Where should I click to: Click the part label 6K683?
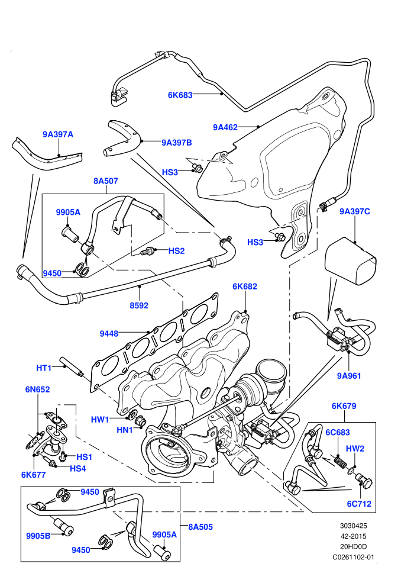tap(180, 95)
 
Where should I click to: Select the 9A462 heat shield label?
tap(225, 127)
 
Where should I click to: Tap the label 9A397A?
tap(57, 134)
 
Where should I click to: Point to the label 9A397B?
tap(177, 143)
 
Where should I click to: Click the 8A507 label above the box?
tap(106, 181)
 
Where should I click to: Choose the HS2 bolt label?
tap(177, 251)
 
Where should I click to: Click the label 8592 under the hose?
tap(139, 305)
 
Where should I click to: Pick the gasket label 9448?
tap(109, 333)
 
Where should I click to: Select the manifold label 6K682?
tap(245, 286)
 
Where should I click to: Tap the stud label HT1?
tap(44, 368)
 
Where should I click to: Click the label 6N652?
tap(37, 389)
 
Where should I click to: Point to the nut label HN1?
tap(125, 430)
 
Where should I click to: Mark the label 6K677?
tap(34, 475)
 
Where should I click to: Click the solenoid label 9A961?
tap(349, 376)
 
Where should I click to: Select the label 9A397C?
tap(355, 211)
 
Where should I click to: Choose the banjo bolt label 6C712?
tap(359, 504)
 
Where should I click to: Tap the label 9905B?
tap(38, 536)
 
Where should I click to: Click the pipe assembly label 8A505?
tap(200, 527)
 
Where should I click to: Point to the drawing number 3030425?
tap(353, 526)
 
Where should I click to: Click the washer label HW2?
tap(355, 449)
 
